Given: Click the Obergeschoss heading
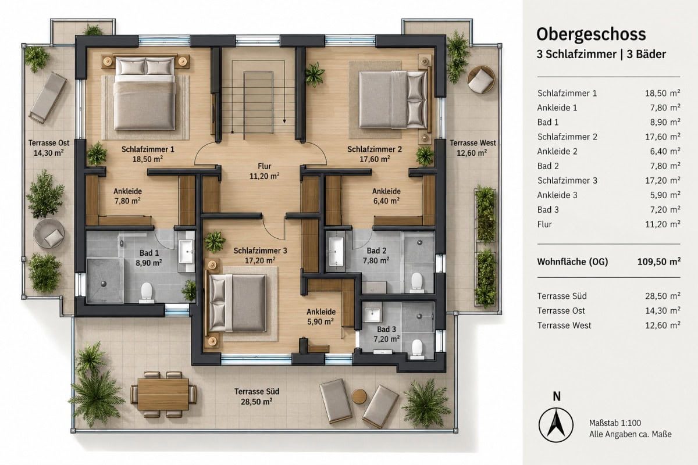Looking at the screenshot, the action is click(x=591, y=34).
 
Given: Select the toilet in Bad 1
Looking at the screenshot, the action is click(x=147, y=293).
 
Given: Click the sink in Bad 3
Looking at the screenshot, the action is click(x=372, y=315).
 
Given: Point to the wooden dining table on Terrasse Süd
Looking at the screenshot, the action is click(x=163, y=394).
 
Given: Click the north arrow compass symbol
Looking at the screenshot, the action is click(x=556, y=425).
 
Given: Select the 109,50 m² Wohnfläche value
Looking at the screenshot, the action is click(x=658, y=262).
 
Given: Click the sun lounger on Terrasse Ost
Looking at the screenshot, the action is click(x=48, y=98).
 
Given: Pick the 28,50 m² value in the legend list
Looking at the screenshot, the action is click(x=663, y=296).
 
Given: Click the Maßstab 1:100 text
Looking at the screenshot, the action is click(x=615, y=423).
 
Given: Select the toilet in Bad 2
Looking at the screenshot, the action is click(x=416, y=282).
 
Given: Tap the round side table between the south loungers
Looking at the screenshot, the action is click(x=359, y=396).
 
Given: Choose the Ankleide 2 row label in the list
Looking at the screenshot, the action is click(x=557, y=151).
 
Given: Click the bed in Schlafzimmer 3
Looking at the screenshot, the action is click(x=237, y=303).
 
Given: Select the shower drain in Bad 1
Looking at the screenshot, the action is click(x=104, y=284).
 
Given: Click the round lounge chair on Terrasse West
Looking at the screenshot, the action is click(x=481, y=80).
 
